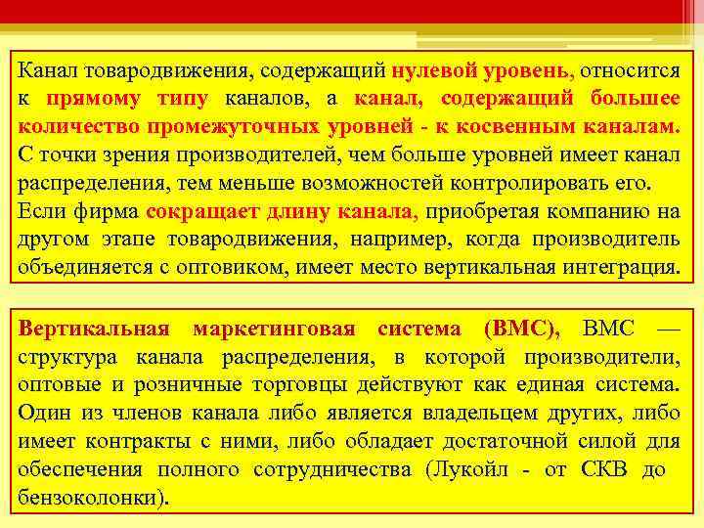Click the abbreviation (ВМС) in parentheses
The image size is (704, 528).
click(522, 329)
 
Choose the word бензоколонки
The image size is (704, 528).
click(88, 497)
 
